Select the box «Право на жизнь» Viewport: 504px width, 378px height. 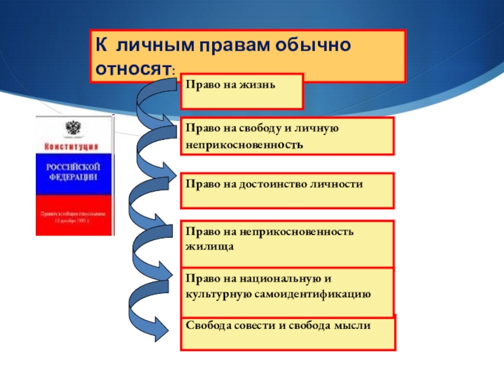pos(241,91)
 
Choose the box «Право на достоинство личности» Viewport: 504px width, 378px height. pos(287,190)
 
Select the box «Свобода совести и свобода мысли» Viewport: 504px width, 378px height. pos(287,333)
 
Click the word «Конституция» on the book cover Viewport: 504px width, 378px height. pos(73,146)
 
